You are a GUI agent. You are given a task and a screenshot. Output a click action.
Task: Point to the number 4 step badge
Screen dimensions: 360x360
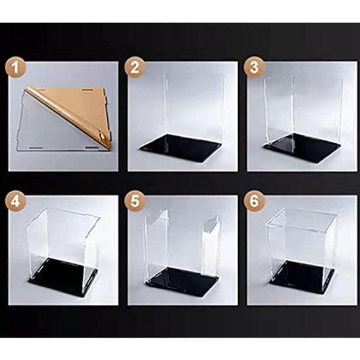pyautogui.click(x=16, y=202)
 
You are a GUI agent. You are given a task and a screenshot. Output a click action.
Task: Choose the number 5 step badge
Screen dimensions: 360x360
pyautogui.click(x=135, y=202)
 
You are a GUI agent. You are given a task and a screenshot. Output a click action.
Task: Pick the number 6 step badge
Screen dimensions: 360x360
pyautogui.click(x=254, y=202)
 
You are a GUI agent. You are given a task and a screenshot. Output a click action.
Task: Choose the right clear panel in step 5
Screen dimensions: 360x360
pyautogui.click(x=211, y=248)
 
